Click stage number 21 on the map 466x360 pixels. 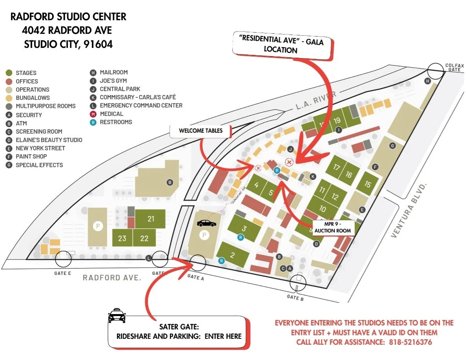[x=151, y=219]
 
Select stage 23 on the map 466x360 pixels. [x=122, y=238]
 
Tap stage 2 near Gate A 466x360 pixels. [x=232, y=255]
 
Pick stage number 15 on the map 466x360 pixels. [x=368, y=184]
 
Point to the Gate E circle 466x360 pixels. [x=63, y=259]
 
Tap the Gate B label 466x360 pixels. [x=295, y=297]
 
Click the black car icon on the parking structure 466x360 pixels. [x=206, y=223]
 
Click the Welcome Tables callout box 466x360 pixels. [x=201, y=131]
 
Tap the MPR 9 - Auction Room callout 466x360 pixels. [x=333, y=227]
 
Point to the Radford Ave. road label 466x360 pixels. [x=111, y=278]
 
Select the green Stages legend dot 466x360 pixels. [x=8, y=73]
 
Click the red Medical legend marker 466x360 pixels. [x=93, y=114]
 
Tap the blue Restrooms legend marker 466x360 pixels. [x=93, y=122]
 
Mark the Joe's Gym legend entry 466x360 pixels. [x=113, y=80]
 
